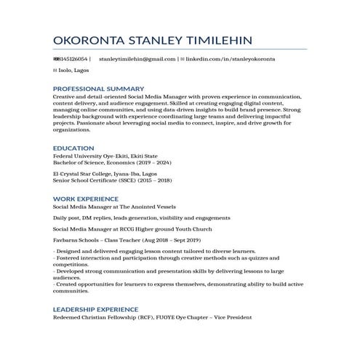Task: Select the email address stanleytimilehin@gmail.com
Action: click(x=137, y=58)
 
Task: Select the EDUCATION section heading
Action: click(x=74, y=148)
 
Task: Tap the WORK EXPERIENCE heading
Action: click(x=87, y=199)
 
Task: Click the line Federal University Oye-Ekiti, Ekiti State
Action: click(x=105, y=156)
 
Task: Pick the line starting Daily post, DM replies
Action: click(x=142, y=217)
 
